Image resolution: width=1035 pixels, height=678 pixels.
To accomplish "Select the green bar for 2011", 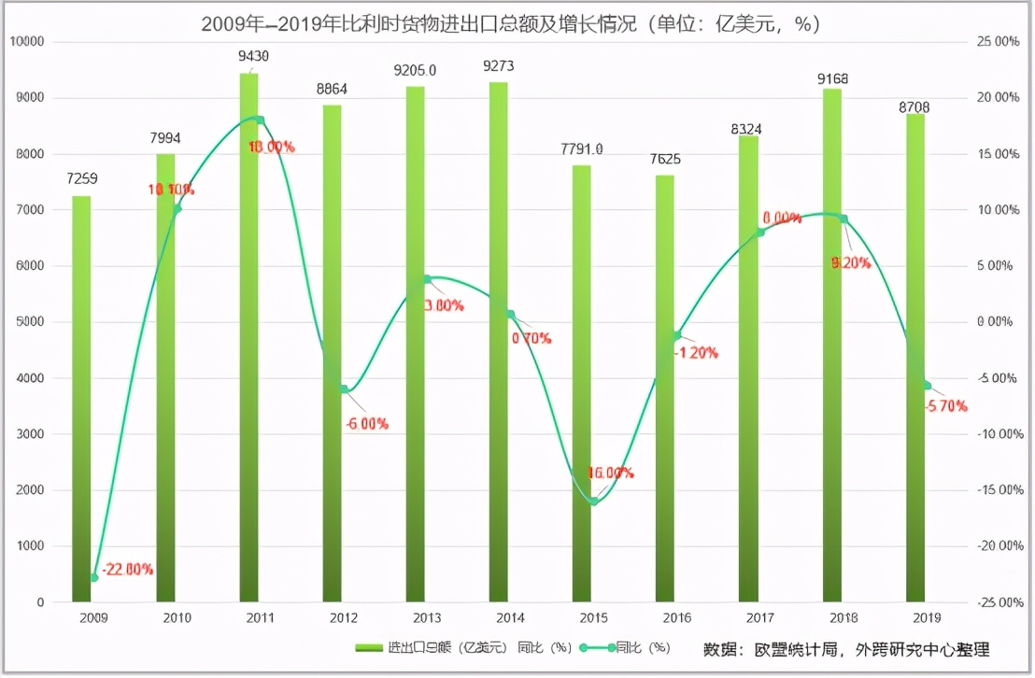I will (x=249, y=336).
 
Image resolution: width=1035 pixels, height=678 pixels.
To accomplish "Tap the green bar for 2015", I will (x=583, y=383).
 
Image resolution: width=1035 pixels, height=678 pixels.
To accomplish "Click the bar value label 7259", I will (x=82, y=178).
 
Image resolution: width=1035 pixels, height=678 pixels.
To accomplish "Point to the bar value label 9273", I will (x=499, y=66).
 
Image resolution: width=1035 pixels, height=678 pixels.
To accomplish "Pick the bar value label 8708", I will (x=914, y=107).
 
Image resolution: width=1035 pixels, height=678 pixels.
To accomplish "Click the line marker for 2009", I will (x=93, y=577).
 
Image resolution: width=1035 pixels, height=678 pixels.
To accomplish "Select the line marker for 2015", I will (x=593, y=501).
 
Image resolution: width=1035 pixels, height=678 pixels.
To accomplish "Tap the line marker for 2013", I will (x=427, y=279).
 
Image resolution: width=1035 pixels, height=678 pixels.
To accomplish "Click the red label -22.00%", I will (x=127, y=569).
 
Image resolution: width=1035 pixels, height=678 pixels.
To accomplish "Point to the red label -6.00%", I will (x=366, y=424).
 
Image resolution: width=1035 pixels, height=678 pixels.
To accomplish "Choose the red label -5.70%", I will (x=945, y=406).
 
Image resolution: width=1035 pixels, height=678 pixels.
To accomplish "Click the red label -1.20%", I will (x=695, y=353).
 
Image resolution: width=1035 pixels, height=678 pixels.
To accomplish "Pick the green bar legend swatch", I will (x=369, y=648).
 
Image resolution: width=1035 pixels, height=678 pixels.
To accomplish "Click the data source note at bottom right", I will (x=845, y=649).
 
